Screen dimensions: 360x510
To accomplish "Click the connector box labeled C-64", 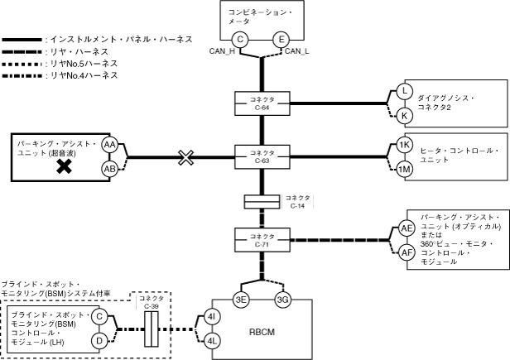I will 262,103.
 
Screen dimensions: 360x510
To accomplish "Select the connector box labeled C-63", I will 262,156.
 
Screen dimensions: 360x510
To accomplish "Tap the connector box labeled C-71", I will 262,240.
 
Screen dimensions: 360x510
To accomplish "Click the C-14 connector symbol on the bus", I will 262,202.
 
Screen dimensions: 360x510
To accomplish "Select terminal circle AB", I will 108,168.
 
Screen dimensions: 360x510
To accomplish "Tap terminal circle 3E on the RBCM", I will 241,300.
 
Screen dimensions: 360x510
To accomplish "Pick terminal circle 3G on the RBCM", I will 282,300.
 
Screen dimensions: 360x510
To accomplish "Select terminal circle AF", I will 407,252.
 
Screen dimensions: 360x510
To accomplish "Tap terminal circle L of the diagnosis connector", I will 404,91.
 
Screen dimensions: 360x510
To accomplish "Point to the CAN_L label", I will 298,51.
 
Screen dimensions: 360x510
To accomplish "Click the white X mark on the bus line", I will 186,157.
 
